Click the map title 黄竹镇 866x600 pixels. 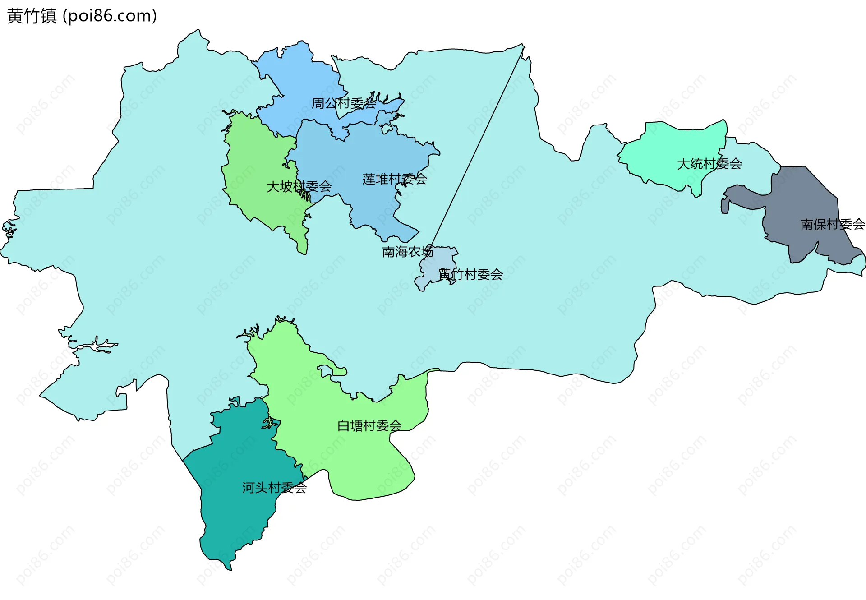32,16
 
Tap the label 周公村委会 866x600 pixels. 344,103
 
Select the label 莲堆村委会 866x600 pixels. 394,179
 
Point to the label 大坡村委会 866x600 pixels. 299,186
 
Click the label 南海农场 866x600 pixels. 408,252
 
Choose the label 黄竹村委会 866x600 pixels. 471,274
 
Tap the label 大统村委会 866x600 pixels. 709,164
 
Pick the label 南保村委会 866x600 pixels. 832,224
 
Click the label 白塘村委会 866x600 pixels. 369,425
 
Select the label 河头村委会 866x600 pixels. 274,488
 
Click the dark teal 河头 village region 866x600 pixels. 235,519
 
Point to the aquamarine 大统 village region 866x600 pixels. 668,149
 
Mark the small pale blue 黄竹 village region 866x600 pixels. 431,271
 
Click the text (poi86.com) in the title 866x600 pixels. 110,16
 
